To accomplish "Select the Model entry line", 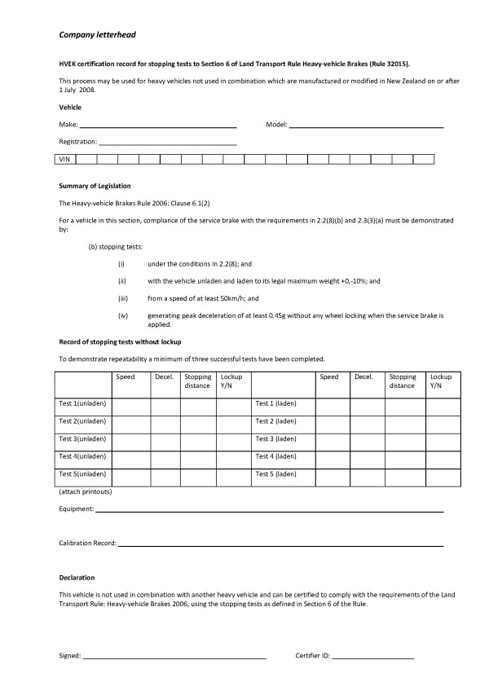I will click(x=366, y=126).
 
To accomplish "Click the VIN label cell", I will click(x=65, y=160).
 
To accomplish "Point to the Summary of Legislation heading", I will click(x=95, y=187).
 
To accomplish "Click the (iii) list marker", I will click(x=121, y=298).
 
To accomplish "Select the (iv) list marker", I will click(x=121, y=315).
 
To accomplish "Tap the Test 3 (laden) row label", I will click(x=275, y=438).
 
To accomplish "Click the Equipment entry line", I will click(x=269, y=510).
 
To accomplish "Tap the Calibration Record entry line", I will click(x=280, y=544).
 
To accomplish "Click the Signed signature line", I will click(x=174, y=656).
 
